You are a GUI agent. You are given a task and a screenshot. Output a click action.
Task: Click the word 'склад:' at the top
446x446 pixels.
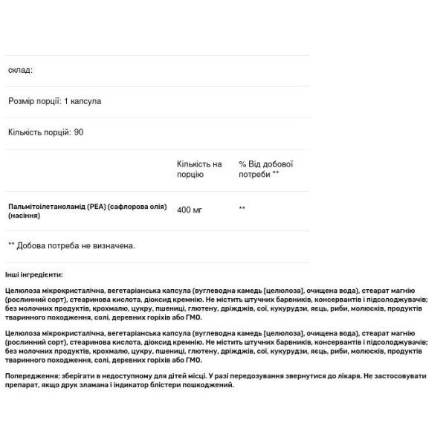click(x=21, y=70)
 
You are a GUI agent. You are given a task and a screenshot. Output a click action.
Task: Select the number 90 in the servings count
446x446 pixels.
click(x=80, y=132)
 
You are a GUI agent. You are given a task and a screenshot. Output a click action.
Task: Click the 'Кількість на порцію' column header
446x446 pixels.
click(x=198, y=169)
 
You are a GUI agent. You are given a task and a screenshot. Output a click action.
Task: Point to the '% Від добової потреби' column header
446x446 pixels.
click(x=265, y=169)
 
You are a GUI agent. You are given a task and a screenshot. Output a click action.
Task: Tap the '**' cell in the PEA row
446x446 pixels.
click(x=242, y=208)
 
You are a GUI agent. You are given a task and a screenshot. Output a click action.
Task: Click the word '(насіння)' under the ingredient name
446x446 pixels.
click(x=25, y=216)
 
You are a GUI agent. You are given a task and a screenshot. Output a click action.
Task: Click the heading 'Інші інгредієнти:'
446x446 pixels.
click(x=33, y=274)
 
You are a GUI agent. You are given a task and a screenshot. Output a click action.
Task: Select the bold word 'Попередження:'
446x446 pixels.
click(x=30, y=377)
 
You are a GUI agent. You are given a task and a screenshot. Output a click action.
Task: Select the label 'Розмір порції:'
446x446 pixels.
click(x=34, y=101)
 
